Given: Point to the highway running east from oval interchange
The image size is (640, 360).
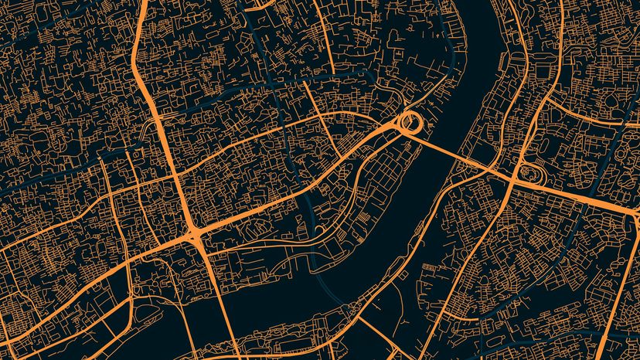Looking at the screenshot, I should pyautogui.click(x=587, y=193).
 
